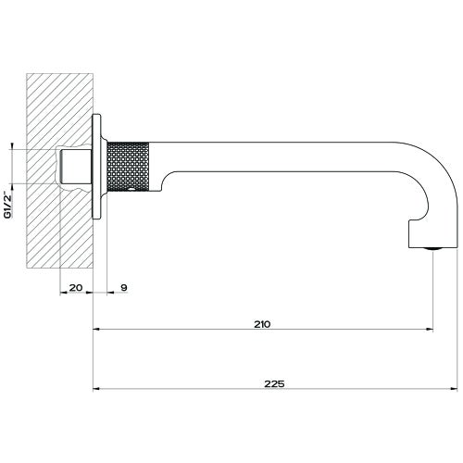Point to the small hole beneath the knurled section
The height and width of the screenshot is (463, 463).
coord(135,191)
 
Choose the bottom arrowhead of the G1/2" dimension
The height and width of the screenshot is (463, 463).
coord(12,182)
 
